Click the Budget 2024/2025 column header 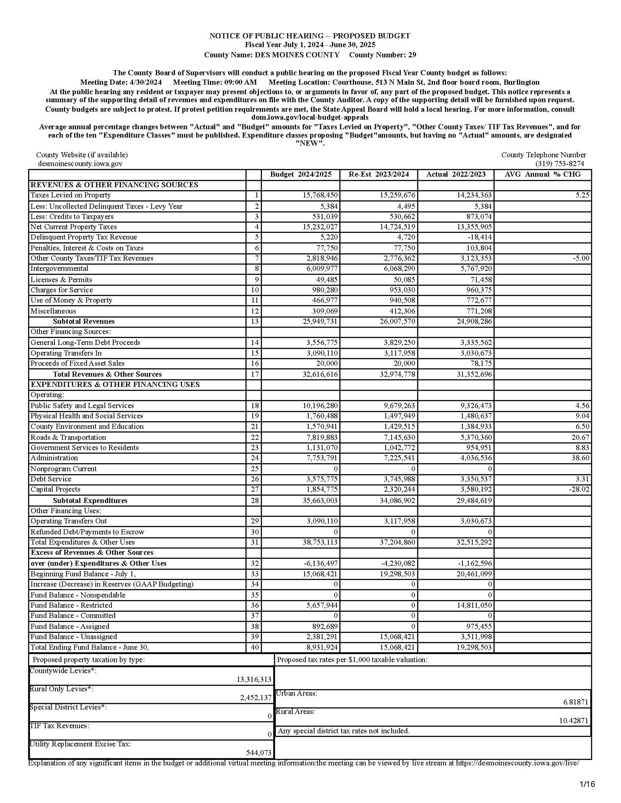(x=300, y=174)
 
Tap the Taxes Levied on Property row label (x=70, y=195)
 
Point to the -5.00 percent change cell (x=581, y=258)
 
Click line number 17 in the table (x=255, y=374)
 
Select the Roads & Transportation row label (x=68, y=437)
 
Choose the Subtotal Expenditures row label (x=90, y=500)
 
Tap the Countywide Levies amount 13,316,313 (x=254, y=679)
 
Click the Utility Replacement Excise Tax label (x=80, y=744)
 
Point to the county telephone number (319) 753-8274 (x=559, y=164)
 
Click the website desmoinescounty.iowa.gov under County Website (x=80, y=164)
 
